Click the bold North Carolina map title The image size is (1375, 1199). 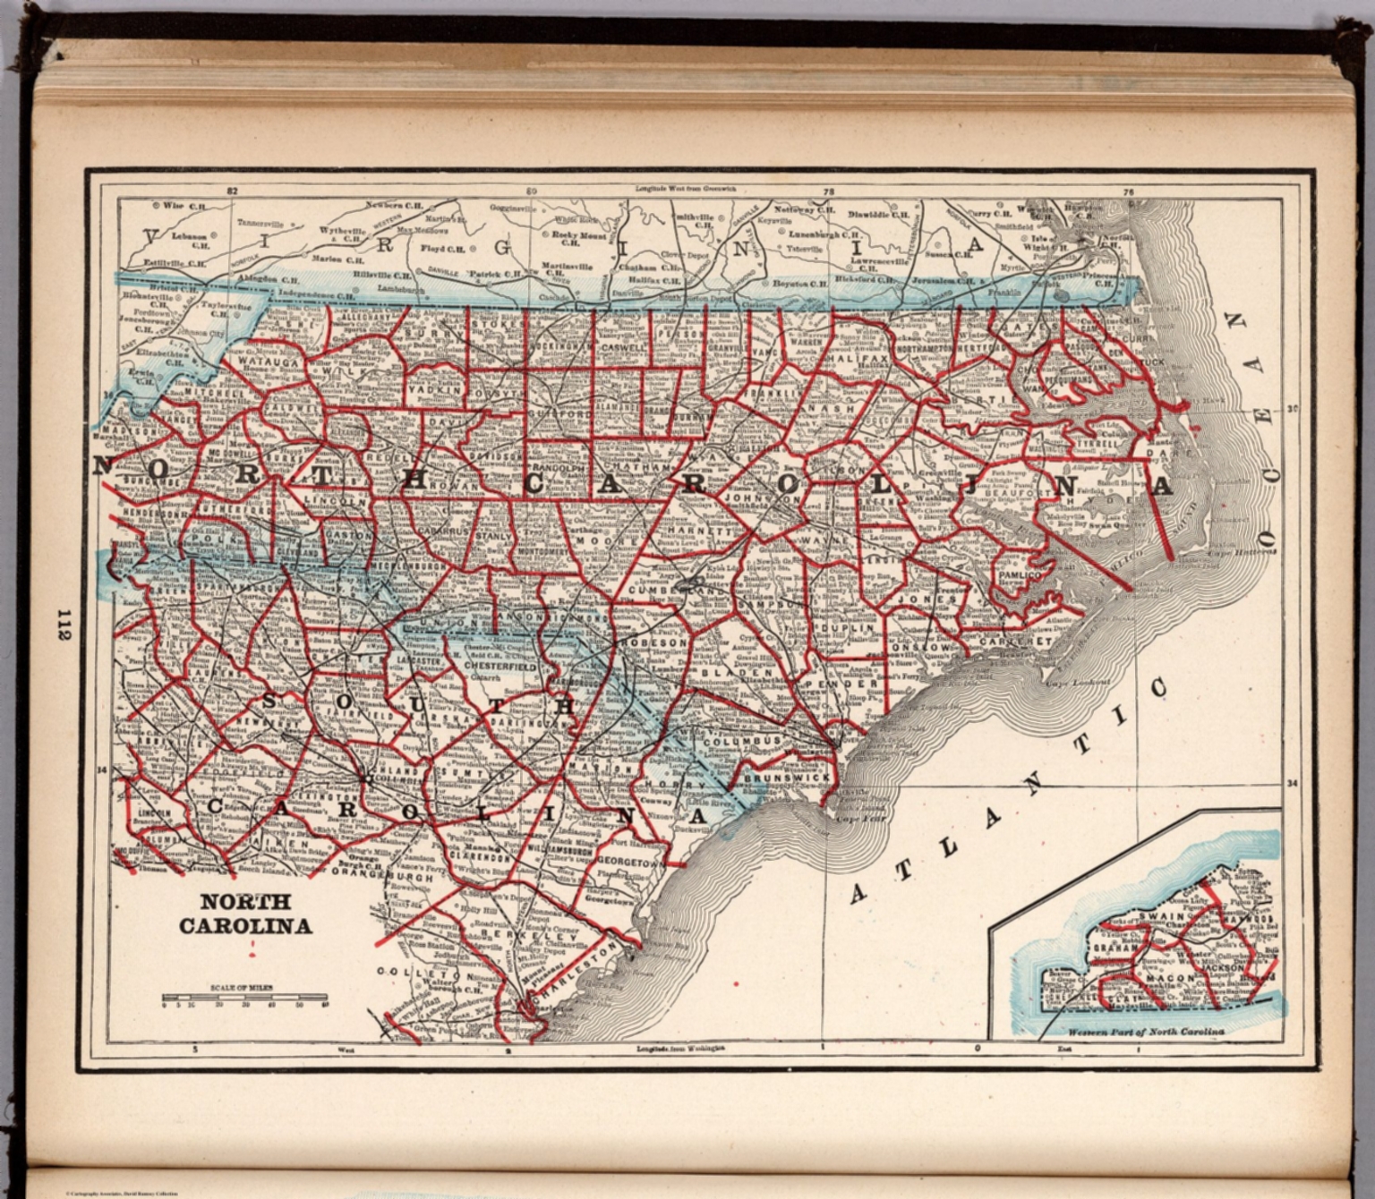click(x=245, y=914)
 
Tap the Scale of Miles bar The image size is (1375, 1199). click(x=243, y=997)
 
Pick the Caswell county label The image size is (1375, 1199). click(x=623, y=346)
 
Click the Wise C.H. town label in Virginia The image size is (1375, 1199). click(x=181, y=205)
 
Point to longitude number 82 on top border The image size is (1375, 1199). click(x=233, y=191)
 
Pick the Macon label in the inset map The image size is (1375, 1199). click(x=1170, y=979)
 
